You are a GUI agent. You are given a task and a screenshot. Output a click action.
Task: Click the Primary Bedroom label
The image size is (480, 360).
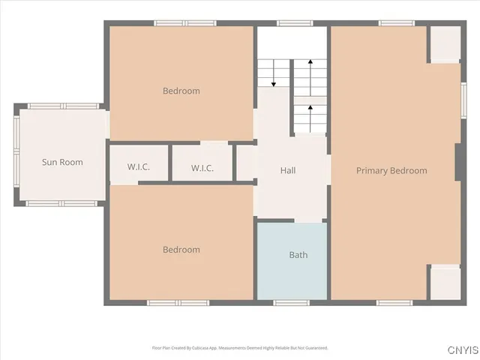[x=391, y=171]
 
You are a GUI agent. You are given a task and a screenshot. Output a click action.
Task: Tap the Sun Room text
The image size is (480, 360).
[x=62, y=162]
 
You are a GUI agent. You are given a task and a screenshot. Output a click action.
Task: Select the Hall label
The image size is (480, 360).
[x=288, y=171]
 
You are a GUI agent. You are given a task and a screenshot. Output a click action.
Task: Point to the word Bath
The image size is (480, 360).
[x=298, y=255]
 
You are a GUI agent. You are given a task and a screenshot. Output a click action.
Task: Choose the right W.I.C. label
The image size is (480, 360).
[x=202, y=168]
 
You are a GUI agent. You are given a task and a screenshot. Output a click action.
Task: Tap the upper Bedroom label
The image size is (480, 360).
[x=181, y=91]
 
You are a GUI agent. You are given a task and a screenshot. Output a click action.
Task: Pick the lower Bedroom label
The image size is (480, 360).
[x=181, y=250]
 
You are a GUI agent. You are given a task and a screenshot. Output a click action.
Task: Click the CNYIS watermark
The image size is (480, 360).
[x=463, y=350]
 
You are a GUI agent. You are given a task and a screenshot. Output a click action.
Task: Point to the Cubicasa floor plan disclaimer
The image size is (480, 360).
[x=240, y=348]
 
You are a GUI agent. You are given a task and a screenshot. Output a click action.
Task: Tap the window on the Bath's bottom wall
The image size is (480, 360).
[x=291, y=302]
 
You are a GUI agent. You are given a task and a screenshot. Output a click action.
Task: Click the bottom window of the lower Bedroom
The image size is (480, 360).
[x=178, y=302]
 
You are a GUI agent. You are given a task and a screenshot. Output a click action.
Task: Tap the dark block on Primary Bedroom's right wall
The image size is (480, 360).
[x=457, y=162]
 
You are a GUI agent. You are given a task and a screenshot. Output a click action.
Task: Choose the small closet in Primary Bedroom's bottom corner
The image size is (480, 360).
[x=444, y=283]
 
